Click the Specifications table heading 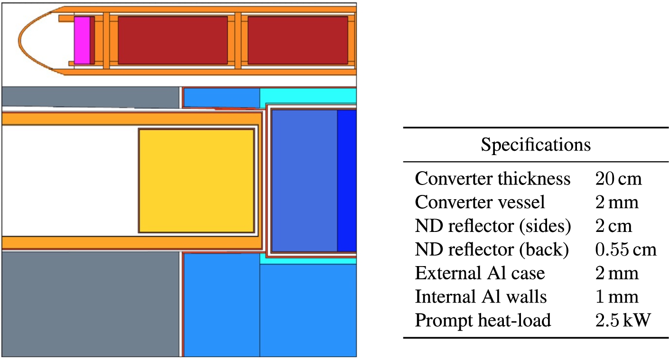coord(536,145)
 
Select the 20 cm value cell coord(618,179)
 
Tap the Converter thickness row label coord(492,178)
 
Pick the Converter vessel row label coord(480,202)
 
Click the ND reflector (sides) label coord(493,226)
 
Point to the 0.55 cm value coord(626,249)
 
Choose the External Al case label coord(480,273)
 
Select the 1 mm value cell coord(617,297)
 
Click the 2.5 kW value coord(623,320)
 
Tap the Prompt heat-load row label coord(483,320)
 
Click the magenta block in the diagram coord(82,40)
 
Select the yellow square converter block coord(196,181)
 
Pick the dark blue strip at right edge coord(347,181)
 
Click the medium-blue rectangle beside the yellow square coord(305,181)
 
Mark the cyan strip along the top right coord(308,96)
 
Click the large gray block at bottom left coord(90,304)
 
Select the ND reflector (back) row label coord(492,249)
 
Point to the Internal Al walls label coord(481,297)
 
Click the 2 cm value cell coord(613,226)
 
